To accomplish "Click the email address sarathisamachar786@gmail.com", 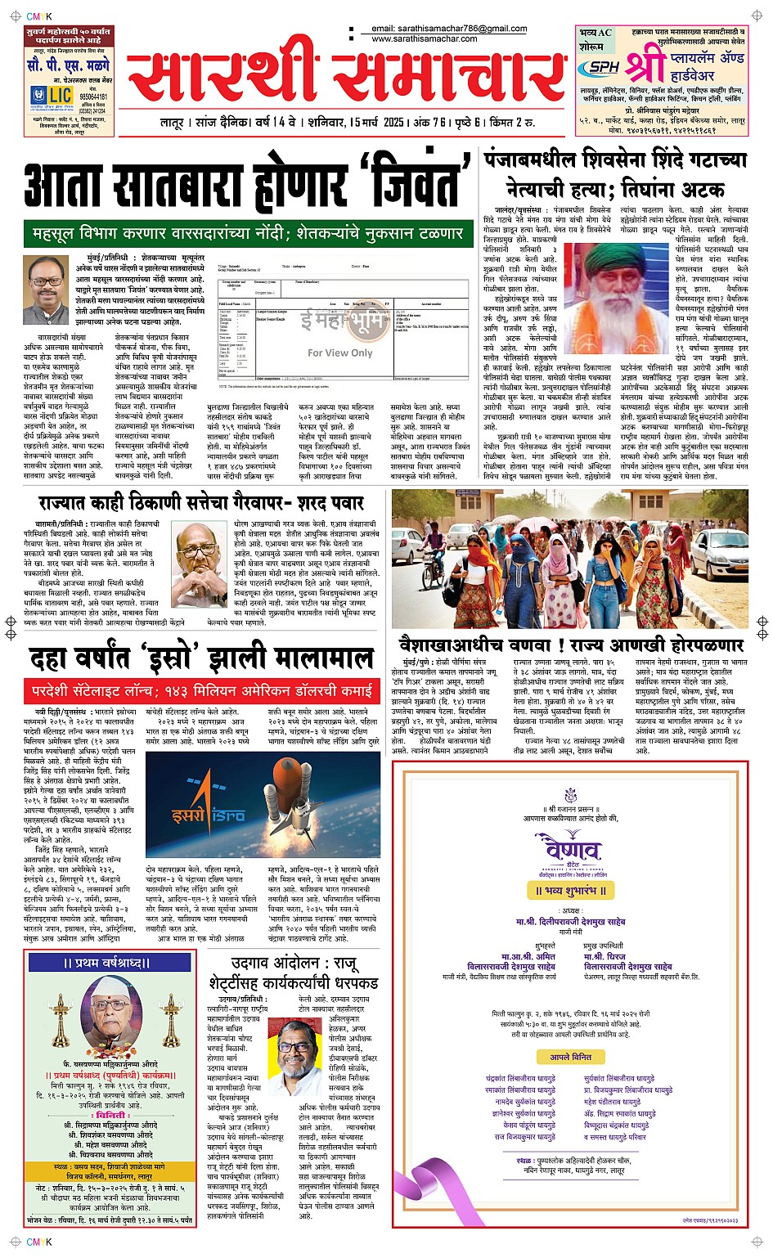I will [449, 29].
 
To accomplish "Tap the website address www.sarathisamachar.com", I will [424, 38].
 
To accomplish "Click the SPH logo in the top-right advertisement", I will [604, 67].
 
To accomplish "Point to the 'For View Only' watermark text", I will [339, 353].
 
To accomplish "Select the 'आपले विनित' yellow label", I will [570, 1057].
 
